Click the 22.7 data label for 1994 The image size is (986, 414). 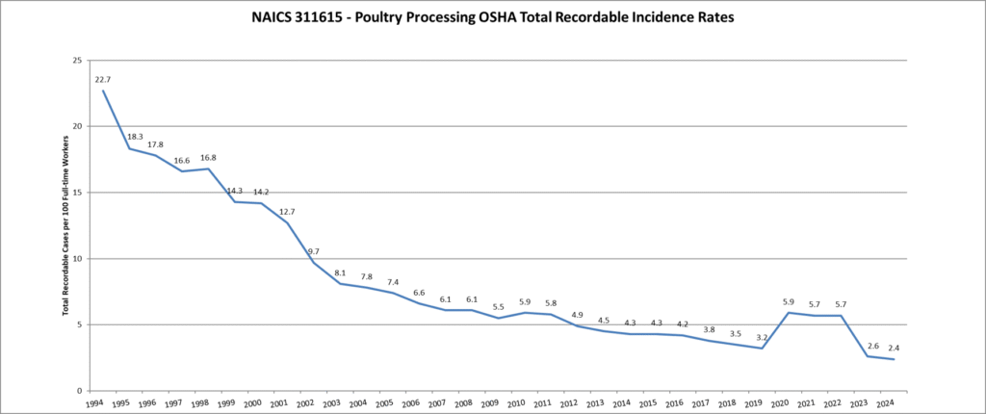coord(103,79)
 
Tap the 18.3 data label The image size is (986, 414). coord(135,137)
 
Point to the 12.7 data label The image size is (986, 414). coord(287,211)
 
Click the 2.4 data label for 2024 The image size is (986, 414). coord(894,348)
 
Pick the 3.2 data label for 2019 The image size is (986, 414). coord(761,337)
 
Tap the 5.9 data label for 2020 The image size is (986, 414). coord(787,301)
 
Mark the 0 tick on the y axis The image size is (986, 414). coord(79,391)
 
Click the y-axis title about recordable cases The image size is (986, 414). coord(65,225)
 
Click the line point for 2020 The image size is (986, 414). coord(789,312)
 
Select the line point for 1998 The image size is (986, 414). coord(208,168)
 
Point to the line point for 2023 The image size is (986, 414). coord(868,356)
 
